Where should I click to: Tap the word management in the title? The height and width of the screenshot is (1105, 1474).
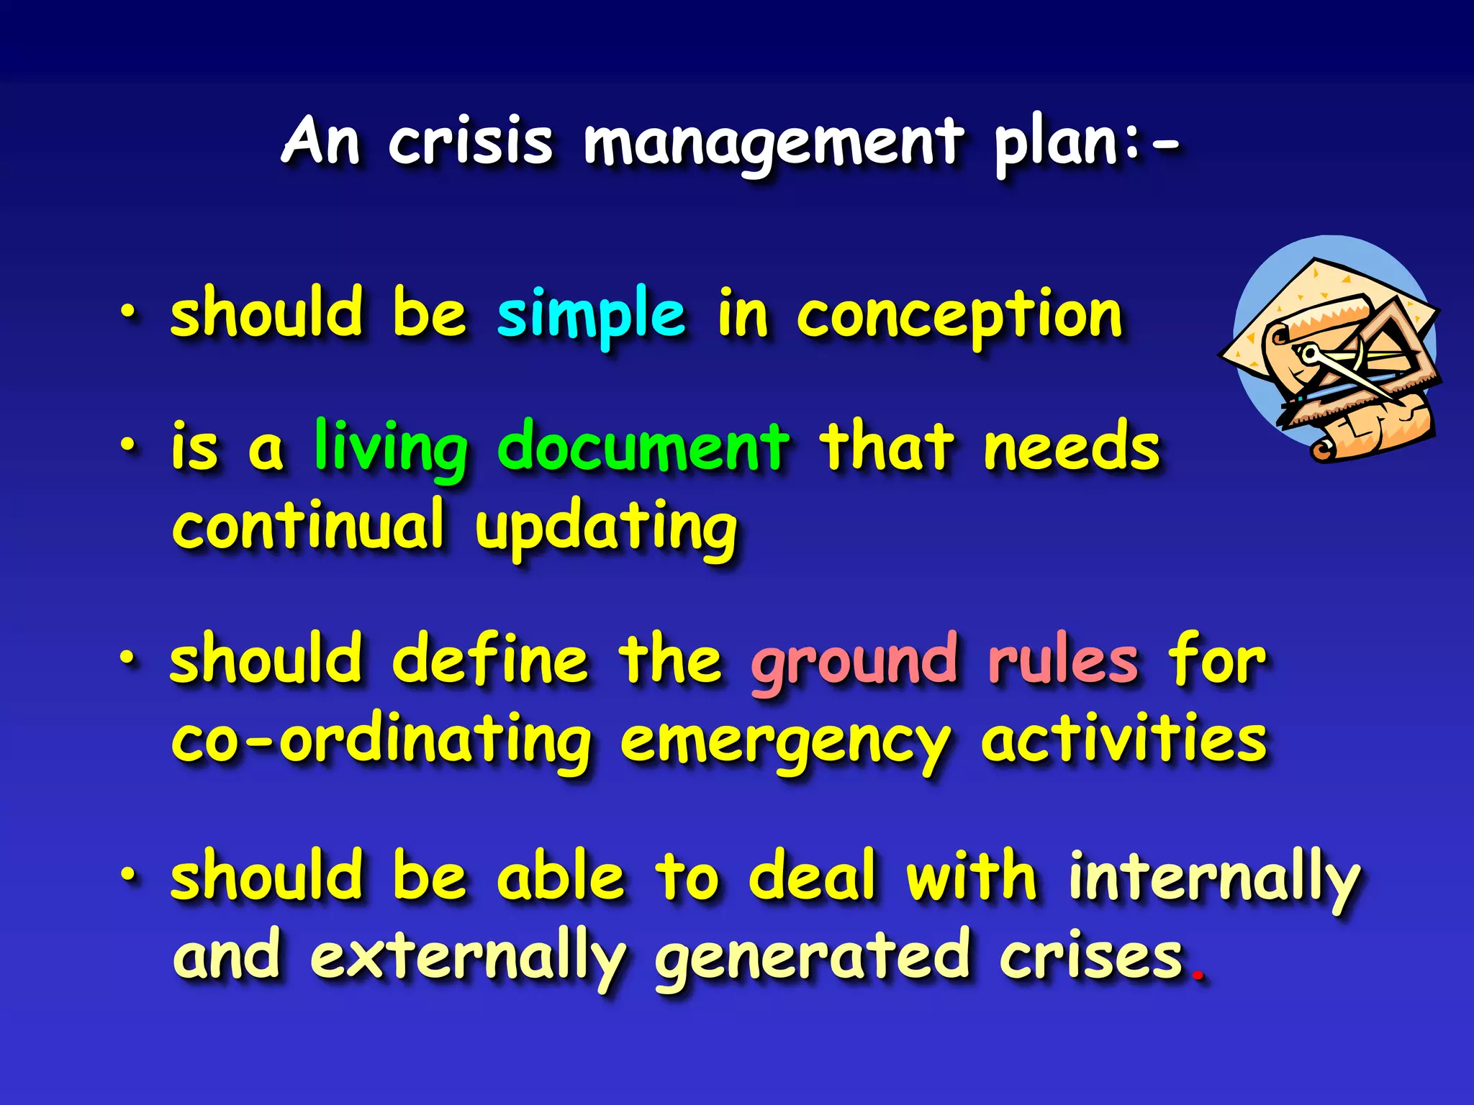773,144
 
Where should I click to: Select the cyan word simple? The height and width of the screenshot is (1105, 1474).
591,314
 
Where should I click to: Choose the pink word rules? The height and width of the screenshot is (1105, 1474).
1063,660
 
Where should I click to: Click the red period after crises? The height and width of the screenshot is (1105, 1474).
1198,976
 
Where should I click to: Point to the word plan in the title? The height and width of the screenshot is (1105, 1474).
1055,144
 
